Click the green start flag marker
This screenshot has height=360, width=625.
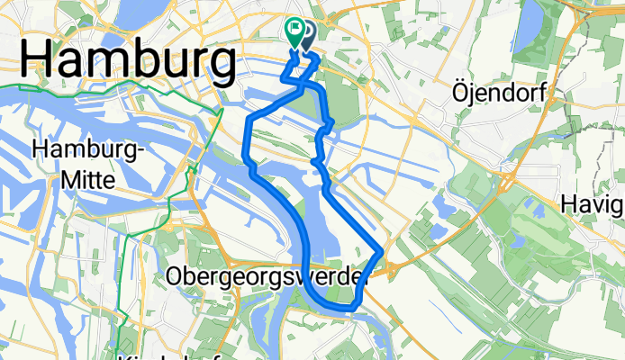(294, 33)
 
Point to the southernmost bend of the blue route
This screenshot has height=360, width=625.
(347, 308)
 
